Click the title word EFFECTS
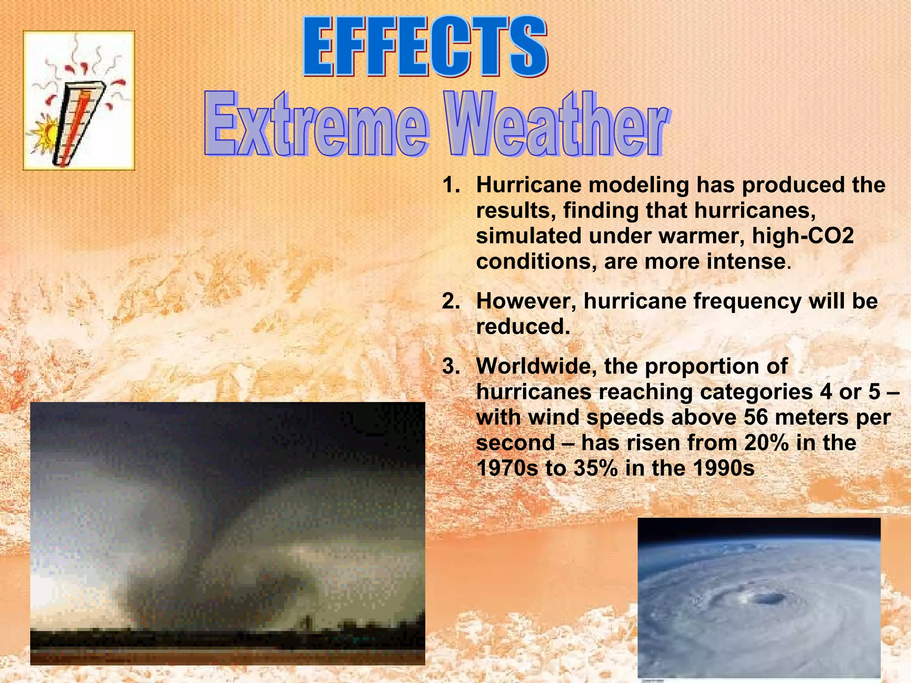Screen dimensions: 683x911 pyautogui.click(x=425, y=47)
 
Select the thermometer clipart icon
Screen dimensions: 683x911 pyautogui.click(x=79, y=100)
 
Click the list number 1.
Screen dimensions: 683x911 pyautogui.click(x=450, y=185)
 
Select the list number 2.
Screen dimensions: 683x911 pyautogui.click(x=450, y=302)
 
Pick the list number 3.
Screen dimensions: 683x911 pyautogui.click(x=450, y=367)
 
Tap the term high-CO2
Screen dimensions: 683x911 pyautogui.click(x=803, y=236)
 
